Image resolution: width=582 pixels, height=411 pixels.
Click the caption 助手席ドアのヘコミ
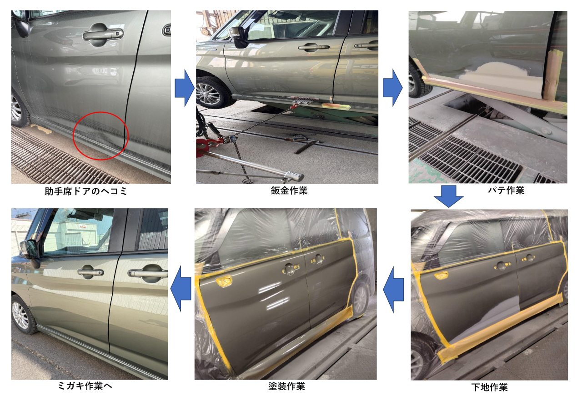86,191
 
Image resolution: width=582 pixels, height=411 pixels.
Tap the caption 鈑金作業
289,191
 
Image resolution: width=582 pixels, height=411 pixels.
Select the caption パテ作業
506,190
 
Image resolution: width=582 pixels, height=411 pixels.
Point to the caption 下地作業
490,387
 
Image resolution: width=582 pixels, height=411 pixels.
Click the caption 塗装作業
286,386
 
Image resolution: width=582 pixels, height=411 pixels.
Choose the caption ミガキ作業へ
85,386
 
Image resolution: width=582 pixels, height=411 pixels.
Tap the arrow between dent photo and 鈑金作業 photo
185,88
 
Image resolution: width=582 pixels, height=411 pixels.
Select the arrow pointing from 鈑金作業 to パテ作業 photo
392,88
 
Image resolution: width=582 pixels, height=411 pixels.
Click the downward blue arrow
448,196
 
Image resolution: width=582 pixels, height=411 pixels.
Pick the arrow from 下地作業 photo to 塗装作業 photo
393,290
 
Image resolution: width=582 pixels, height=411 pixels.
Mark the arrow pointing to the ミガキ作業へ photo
181,289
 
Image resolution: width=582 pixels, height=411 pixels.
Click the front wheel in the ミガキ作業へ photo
22,315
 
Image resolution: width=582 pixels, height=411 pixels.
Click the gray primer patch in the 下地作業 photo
488,322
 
